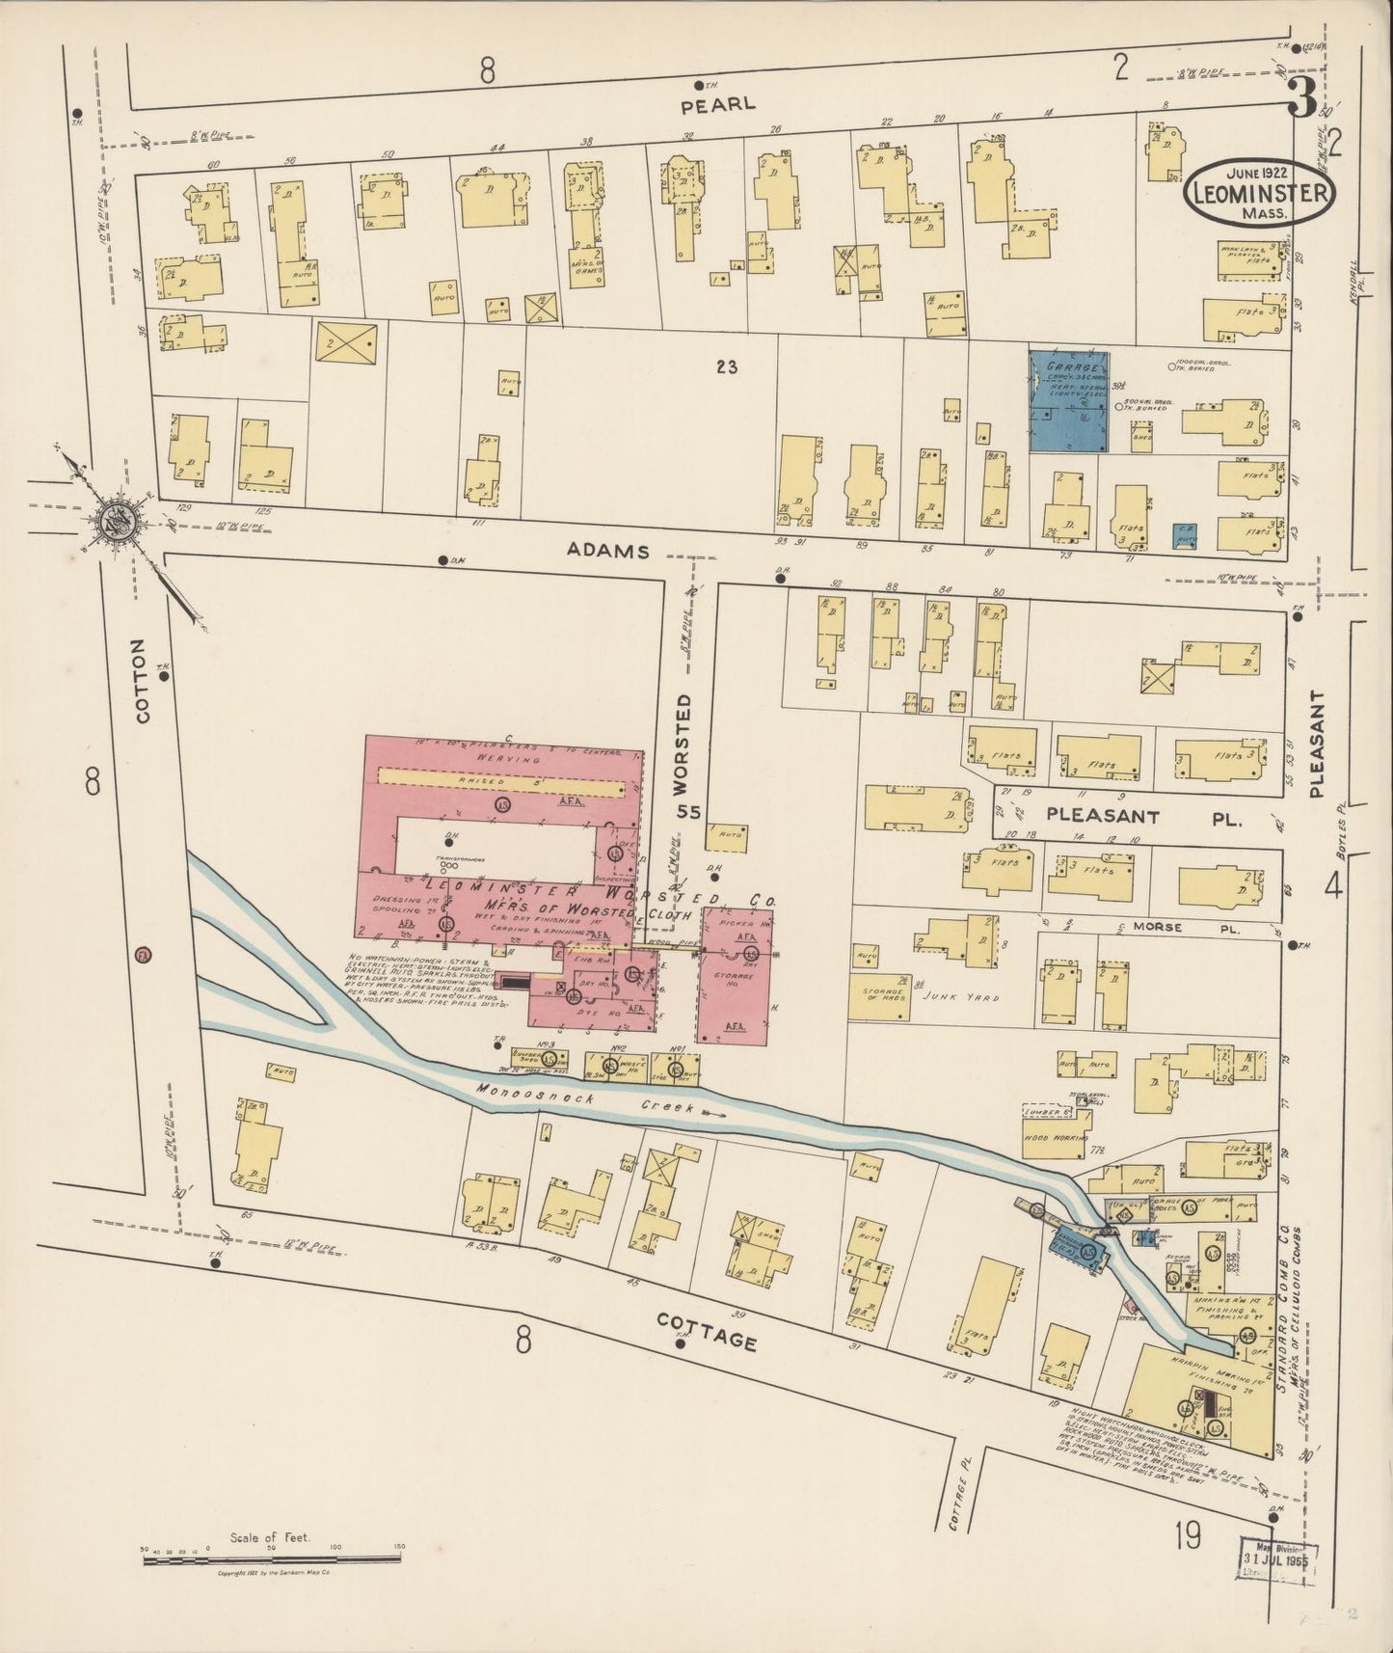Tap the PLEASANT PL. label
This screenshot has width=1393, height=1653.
pos(1143,816)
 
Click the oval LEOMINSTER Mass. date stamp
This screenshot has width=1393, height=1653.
pos(1259,193)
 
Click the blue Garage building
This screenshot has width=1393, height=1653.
pos(1068,401)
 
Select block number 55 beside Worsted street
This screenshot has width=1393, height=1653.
pos(687,812)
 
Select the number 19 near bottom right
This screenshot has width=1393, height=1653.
pos(1188,1536)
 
